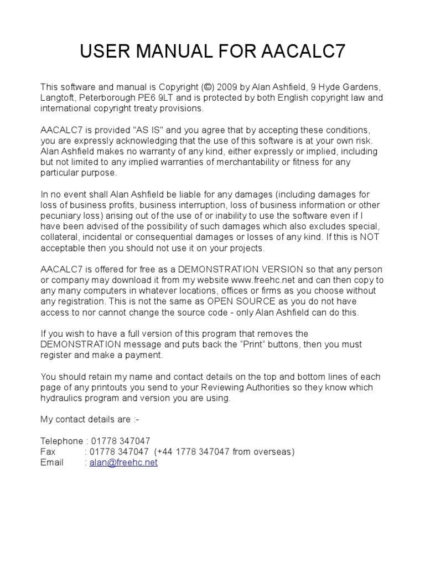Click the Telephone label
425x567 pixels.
click(x=61, y=441)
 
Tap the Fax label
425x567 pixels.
click(x=48, y=451)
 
